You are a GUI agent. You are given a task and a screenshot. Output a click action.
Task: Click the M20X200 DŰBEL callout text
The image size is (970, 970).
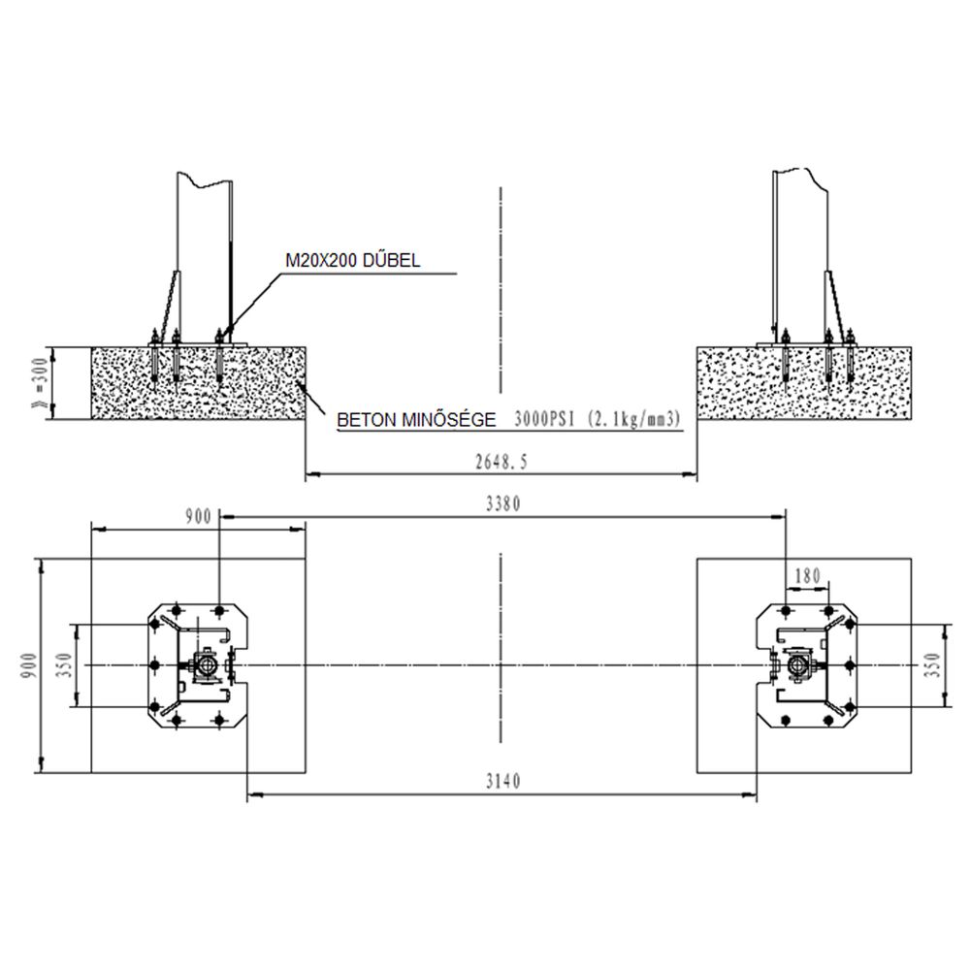tap(353, 260)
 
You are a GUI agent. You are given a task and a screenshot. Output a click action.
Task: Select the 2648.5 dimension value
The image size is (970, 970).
tap(501, 462)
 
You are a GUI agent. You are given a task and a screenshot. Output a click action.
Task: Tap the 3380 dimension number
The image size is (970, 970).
tap(502, 504)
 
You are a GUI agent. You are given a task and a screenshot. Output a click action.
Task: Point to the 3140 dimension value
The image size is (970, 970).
tap(502, 781)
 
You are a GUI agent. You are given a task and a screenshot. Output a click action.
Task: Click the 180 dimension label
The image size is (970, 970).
tap(807, 576)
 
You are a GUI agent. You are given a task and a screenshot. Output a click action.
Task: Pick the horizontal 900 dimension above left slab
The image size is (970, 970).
tap(199, 517)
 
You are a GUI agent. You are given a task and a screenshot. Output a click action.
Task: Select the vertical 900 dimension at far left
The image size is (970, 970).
tap(29, 665)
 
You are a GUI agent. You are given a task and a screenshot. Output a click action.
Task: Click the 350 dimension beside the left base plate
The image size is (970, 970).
tap(65, 665)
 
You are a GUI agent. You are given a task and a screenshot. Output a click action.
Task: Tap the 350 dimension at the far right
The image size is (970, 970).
tap(933, 665)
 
